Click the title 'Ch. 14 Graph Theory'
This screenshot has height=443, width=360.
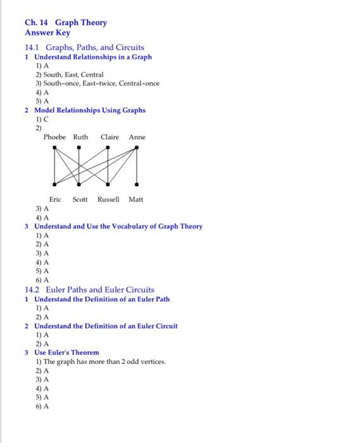(x=66, y=23)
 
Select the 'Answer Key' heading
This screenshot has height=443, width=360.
(x=47, y=33)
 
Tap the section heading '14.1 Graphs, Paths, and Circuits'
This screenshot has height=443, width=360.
(x=84, y=47)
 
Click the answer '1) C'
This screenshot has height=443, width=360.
(x=41, y=119)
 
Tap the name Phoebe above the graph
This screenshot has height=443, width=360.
(x=56, y=137)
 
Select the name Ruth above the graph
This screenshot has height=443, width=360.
(x=81, y=137)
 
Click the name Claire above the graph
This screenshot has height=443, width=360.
(x=109, y=137)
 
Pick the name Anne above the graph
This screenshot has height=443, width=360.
(x=137, y=137)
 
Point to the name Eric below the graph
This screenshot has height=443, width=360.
(x=56, y=199)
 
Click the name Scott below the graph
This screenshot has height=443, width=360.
(x=80, y=199)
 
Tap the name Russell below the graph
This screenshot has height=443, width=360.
(x=109, y=199)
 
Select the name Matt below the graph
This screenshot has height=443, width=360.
(x=136, y=199)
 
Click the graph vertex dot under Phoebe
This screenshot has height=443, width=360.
(x=54, y=149)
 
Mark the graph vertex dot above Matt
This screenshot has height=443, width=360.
(x=137, y=185)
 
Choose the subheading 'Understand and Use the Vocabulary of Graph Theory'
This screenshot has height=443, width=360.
(x=118, y=227)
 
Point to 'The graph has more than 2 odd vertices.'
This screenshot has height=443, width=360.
(x=104, y=362)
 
